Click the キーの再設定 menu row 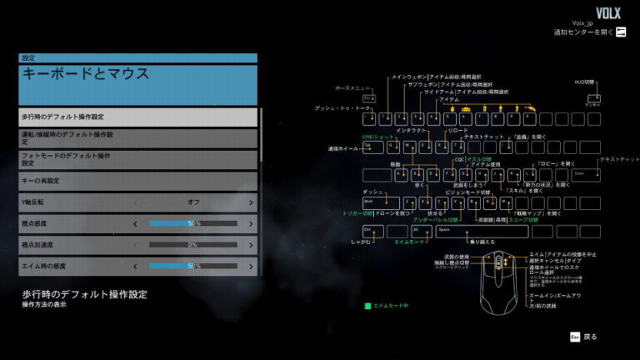pos(137,180)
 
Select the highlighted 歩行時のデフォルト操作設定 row pos(137,117)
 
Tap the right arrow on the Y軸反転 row pos(251,202)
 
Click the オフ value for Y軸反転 pos(192,202)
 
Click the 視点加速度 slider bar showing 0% pos(192,245)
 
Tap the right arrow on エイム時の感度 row pos(251,266)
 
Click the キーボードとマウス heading pos(137,84)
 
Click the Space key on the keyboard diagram pos(467,229)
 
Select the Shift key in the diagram pos(373,202)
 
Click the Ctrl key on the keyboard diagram pos(370,229)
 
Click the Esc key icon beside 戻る pos(574,337)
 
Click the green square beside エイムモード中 pos(367,306)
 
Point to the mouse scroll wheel pos(499,261)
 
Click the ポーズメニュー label pos(352,87)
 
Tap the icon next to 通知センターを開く pos(621,32)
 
